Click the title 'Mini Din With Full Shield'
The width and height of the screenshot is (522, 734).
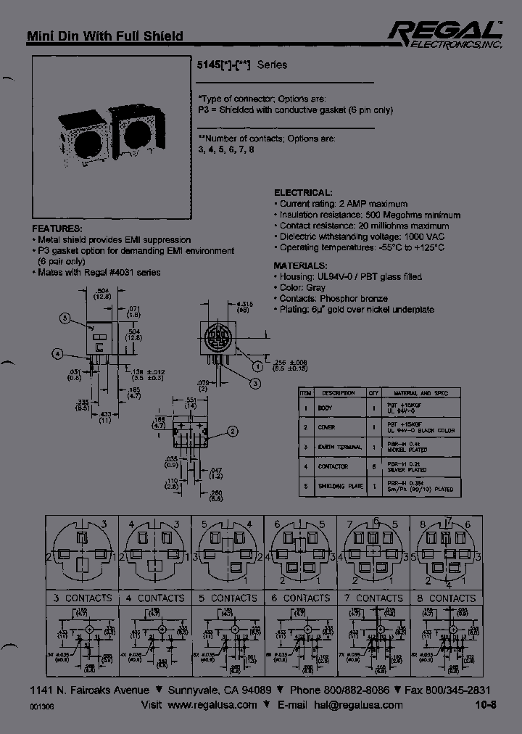point(104,36)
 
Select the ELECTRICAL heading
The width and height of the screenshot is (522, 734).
point(303,193)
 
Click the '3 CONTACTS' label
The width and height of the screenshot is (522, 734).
point(82,598)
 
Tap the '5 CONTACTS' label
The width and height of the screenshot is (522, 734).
point(228,598)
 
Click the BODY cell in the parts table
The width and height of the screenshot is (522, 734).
point(326,408)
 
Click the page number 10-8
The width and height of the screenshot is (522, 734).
point(486,705)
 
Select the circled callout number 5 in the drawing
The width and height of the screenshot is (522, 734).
point(65,318)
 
